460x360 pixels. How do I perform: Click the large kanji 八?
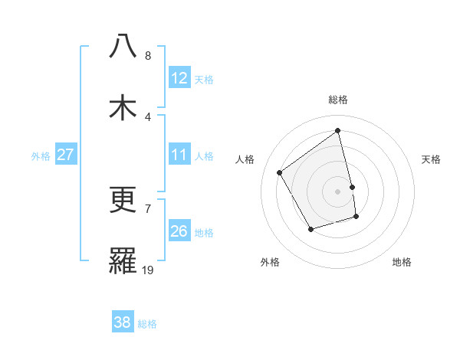[x=123, y=47]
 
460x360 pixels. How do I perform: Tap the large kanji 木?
[x=123, y=107]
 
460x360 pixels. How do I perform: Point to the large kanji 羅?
[x=123, y=260]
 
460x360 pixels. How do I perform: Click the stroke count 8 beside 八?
[x=148, y=56]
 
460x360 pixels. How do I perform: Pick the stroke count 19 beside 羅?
[x=148, y=270]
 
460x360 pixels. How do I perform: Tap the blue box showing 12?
[x=179, y=78]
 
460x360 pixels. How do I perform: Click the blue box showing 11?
[x=179, y=155]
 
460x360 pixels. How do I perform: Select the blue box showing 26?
[x=179, y=231]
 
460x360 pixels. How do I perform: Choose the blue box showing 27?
[x=66, y=155]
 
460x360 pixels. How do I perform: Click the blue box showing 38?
[x=123, y=322]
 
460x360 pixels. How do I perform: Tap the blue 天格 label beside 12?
[x=204, y=80]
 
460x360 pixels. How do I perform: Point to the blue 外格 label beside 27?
[x=41, y=156]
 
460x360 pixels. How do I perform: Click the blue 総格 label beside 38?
[x=147, y=324]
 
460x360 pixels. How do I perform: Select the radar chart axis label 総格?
[x=338, y=100]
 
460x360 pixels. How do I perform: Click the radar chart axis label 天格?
[x=431, y=159]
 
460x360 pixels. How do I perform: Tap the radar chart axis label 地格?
[x=402, y=262]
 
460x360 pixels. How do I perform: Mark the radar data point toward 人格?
[x=280, y=172]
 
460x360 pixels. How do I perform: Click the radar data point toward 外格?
[x=310, y=229]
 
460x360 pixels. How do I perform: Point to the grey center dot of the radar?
[x=338, y=191]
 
